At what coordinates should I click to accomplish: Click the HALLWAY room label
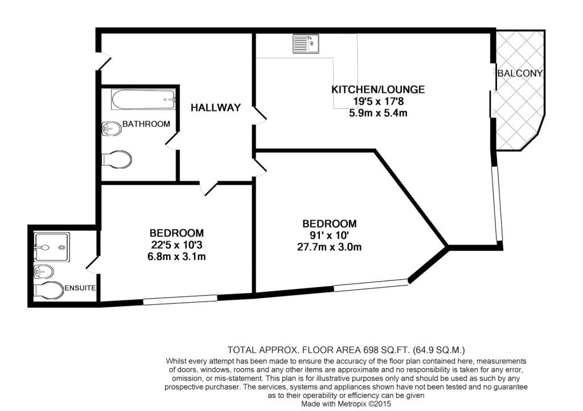tap(216, 108)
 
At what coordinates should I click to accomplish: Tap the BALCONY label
tap(520, 74)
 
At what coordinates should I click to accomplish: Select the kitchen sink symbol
tap(306, 43)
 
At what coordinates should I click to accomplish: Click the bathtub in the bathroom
tap(143, 100)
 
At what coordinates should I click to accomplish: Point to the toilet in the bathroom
tap(117, 160)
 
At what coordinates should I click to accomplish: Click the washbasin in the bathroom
tap(112, 129)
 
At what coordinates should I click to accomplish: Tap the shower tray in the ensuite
tap(51, 247)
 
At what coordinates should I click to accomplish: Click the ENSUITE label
tap(80, 288)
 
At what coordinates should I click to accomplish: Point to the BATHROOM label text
tap(146, 124)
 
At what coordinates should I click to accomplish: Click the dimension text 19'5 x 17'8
tap(378, 101)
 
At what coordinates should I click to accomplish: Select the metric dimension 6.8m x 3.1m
tap(176, 257)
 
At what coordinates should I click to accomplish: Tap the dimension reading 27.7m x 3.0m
tap(330, 247)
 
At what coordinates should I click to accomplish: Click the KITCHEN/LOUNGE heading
tap(378, 89)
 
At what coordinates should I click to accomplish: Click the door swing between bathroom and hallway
tap(172, 141)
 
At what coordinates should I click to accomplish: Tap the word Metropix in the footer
tap(352, 404)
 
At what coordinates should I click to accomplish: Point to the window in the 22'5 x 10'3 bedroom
tap(180, 300)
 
